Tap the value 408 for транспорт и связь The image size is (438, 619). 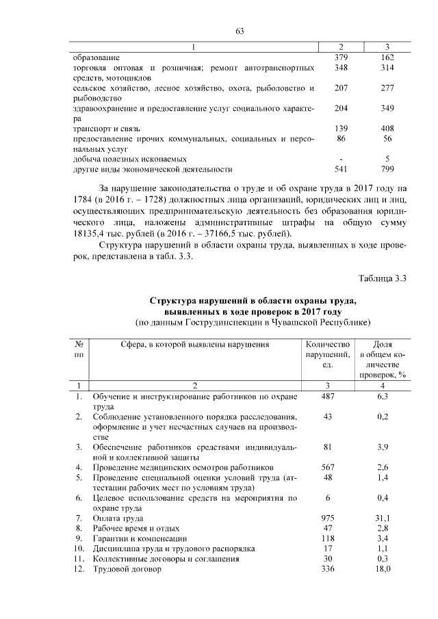coord(387,129)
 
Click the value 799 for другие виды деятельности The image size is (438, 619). coord(387,169)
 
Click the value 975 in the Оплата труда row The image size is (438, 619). coord(328,518)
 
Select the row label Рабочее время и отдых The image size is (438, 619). coord(136,529)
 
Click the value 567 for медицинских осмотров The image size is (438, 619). coord(328,467)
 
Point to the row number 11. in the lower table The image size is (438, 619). coord(79,559)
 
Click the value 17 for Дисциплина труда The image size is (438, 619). coord(328,549)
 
